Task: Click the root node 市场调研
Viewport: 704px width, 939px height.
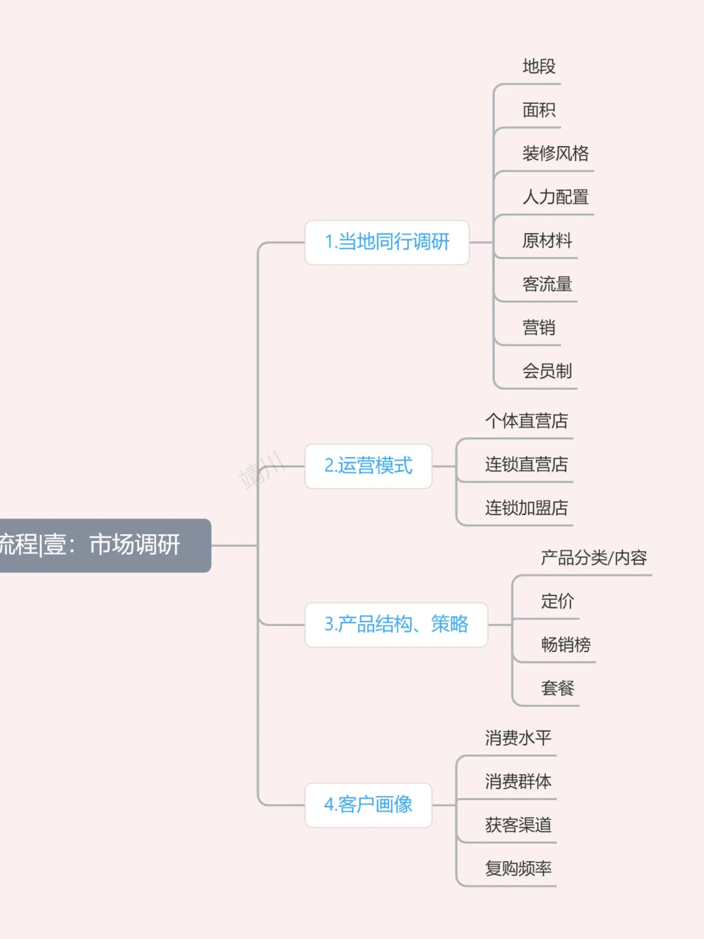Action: tap(104, 545)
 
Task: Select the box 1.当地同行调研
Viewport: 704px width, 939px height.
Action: tap(387, 243)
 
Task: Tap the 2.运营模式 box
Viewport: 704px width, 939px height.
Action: tap(368, 466)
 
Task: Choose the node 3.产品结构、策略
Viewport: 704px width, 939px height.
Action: tap(396, 625)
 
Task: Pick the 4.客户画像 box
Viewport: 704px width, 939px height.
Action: tap(368, 805)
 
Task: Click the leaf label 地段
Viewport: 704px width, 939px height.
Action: tap(538, 67)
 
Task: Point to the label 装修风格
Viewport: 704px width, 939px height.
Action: tap(555, 154)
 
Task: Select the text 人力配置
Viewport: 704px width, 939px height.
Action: tap(555, 197)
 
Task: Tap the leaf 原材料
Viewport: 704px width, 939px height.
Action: tap(547, 241)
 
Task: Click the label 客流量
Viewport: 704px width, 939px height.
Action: tap(547, 284)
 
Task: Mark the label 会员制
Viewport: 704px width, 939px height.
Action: tap(547, 371)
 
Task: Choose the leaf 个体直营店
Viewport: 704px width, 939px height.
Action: tap(526, 421)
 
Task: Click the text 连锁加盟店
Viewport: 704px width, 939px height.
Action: tap(526, 508)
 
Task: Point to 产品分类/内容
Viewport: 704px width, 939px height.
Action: tap(594, 558)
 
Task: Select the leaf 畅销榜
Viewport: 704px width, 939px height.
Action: tap(566, 645)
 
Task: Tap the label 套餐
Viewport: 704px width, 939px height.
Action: tap(557, 688)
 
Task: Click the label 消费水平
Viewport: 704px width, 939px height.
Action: tap(518, 738)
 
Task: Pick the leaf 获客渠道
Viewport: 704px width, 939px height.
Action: tap(518, 825)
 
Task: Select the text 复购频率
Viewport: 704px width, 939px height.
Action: tap(518, 869)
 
